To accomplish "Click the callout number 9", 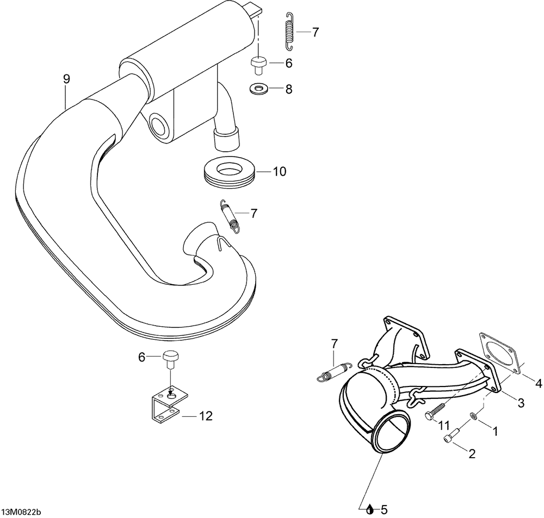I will (x=66, y=79).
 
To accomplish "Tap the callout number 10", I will (x=279, y=172).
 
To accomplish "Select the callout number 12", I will (x=205, y=416).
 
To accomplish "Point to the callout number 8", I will (x=288, y=89).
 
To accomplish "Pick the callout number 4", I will (x=538, y=384).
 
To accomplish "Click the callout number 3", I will (x=521, y=403).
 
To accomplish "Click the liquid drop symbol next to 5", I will (x=370, y=510).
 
